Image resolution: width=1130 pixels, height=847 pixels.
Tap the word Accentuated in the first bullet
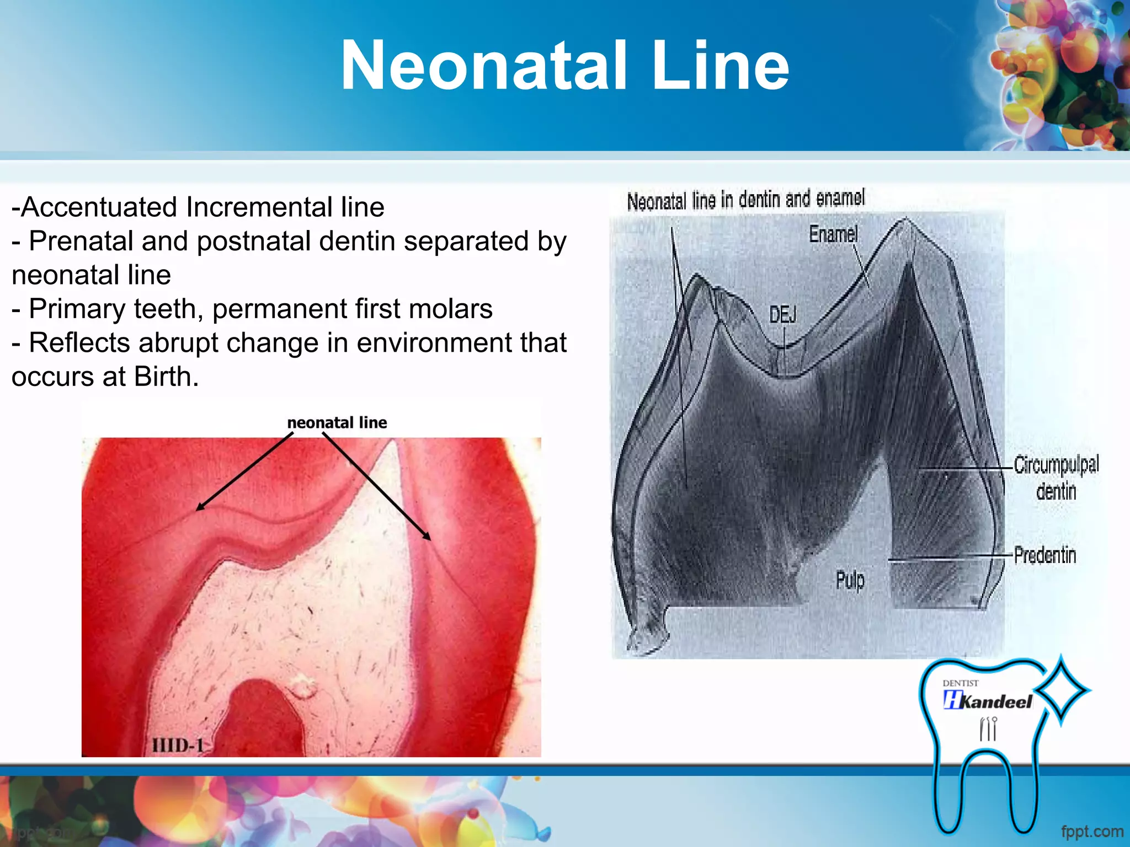click(x=100, y=207)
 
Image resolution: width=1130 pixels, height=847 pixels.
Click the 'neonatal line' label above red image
click(x=337, y=422)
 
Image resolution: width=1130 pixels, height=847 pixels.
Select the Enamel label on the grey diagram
click(x=833, y=234)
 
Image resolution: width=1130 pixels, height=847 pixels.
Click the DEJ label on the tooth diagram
click(x=782, y=315)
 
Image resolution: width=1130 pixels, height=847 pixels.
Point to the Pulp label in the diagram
click(x=850, y=580)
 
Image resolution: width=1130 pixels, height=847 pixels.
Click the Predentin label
click(x=1045, y=555)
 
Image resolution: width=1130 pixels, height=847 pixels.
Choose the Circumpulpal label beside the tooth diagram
click(x=1056, y=465)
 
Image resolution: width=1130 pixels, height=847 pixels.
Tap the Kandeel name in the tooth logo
click(x=996, y=701)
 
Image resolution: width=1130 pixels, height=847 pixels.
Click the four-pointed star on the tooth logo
click(x=1060, y=690)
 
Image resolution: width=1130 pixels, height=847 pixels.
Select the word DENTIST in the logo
click(x=960, y=683)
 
